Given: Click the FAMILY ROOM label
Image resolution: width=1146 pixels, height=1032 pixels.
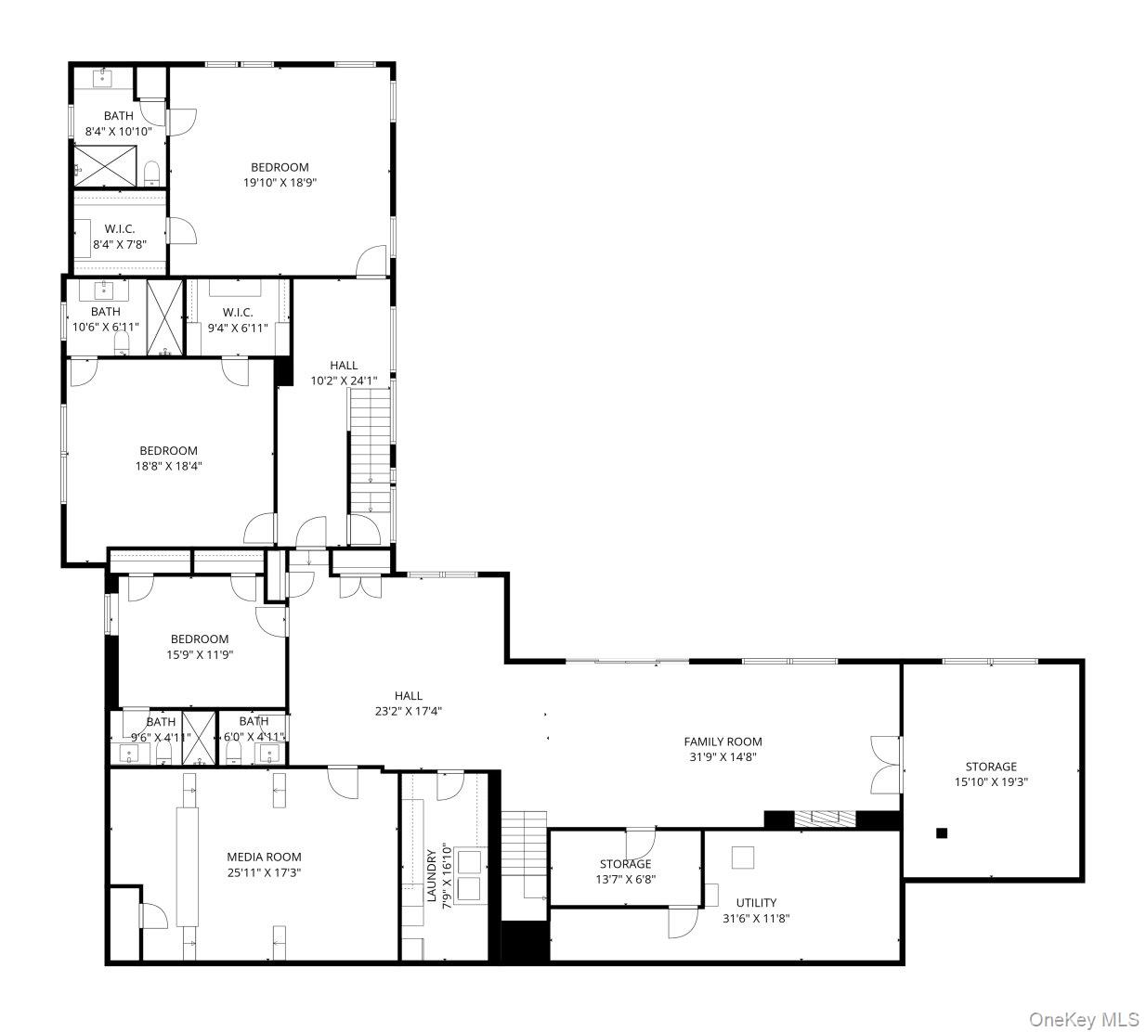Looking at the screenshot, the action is pyautogui.click(x=723, y=742).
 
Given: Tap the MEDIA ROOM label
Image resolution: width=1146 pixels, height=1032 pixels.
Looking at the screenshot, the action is pyautogui.click(x=264, y=857).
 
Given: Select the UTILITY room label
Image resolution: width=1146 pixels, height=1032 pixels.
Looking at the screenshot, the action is pyautogui.click(x=756, y=902).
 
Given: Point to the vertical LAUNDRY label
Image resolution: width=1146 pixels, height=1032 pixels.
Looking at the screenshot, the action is pyautogui.click(x=431, y=875).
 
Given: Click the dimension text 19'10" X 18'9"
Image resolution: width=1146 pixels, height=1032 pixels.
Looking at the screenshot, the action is pyautogui.click(x=280, y=183).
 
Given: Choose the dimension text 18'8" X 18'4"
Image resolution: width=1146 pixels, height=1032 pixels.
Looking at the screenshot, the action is pyautogui.click(x=168, y=466).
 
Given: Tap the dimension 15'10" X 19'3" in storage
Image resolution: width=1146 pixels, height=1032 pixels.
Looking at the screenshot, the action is pyautogui.click(x=991, y=781).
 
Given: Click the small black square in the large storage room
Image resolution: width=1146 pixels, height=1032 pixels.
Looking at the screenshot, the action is pyautogui.click(x=942, y=833).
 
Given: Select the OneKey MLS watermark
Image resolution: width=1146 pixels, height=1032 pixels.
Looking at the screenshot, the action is pyautogui.click(x=1084, y=1019).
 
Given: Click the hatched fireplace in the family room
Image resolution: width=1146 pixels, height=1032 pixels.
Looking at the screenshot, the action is pyautogui.click(x=825, y=819).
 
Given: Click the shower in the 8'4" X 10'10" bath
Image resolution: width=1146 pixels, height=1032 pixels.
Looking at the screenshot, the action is pyautogui.click(x=105, y=165).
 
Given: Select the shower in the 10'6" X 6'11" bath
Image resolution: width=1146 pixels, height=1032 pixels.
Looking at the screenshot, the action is pyautogui.click(x=165, y=317).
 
